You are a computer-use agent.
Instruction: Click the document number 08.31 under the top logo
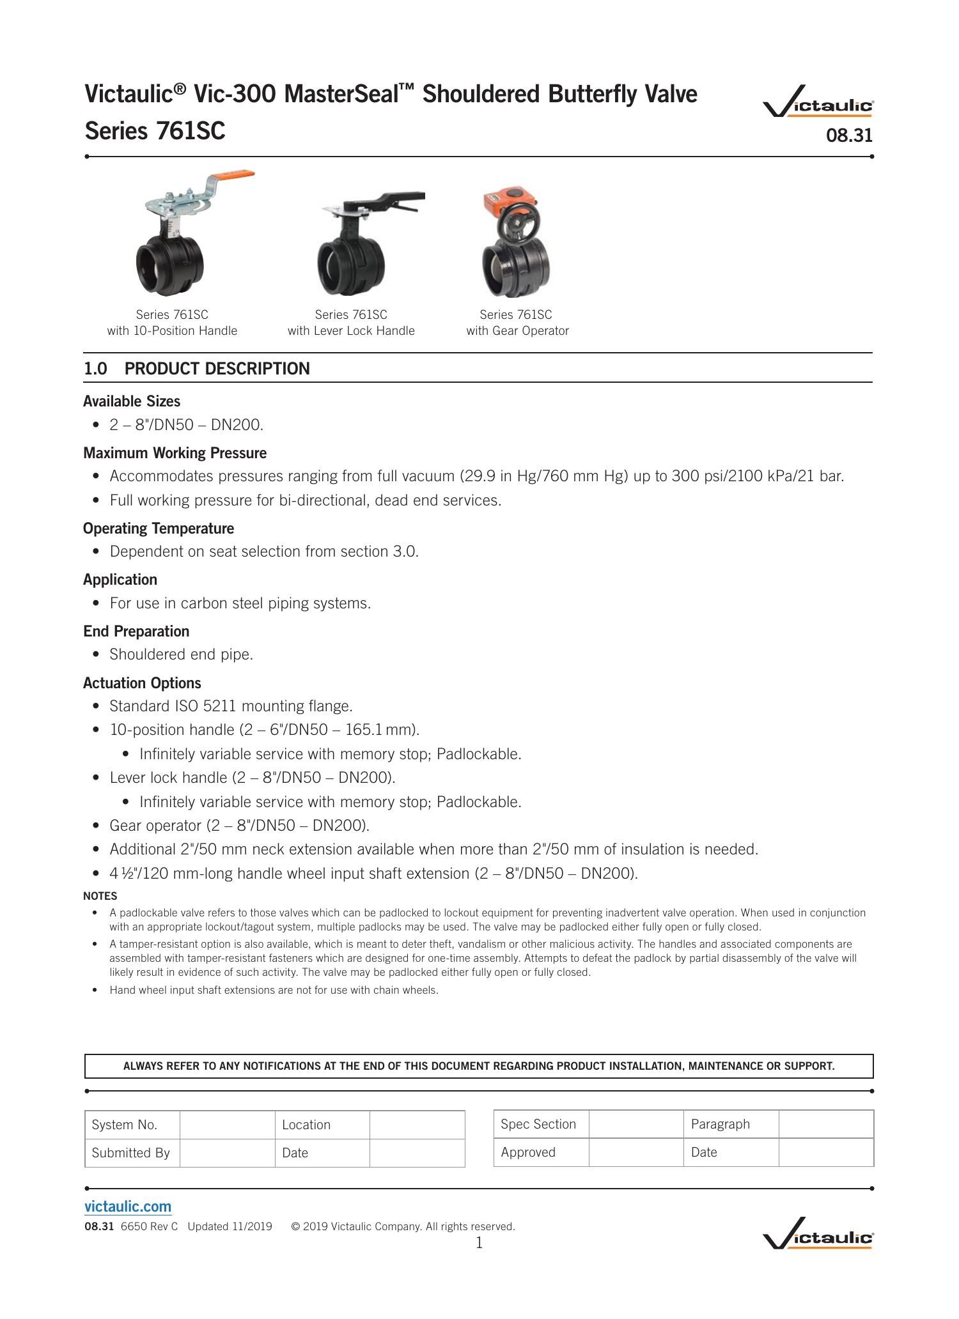pos(849,135)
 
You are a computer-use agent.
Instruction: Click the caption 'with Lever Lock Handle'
pos(351,331)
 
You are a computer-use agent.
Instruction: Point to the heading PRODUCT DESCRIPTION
pos(217,369)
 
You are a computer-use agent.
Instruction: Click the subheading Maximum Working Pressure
pos(175,453)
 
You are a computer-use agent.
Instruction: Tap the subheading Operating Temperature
pos(159,528)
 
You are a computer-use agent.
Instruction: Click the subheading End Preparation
pos(136,631)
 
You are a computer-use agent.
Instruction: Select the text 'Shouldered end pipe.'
pos(181,654)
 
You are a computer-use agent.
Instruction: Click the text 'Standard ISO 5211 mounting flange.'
pos(231,706)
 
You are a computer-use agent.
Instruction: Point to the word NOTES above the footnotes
pos(100,896)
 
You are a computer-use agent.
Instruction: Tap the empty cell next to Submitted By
pos(227,1153)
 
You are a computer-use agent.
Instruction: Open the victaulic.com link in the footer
pos(128,1207)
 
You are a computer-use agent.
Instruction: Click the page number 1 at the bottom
pos(479,1243)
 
